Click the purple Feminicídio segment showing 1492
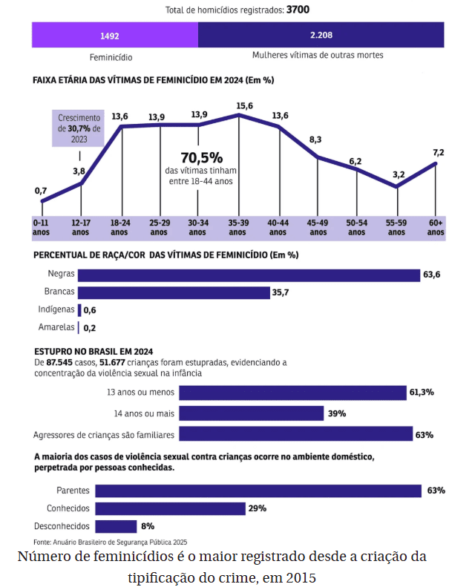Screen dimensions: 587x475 pos(114,35)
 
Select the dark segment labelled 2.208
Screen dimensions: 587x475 pos(321,35)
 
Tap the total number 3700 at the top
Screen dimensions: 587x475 pos(298,10)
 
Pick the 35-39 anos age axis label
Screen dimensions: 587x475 pos(237,227)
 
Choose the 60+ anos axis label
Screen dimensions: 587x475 pos(436,227)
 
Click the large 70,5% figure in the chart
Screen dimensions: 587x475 pos(201,158)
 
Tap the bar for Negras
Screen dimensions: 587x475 pos(249,275)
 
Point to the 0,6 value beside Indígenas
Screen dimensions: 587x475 pos(90,310)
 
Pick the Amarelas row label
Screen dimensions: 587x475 pos(56,327)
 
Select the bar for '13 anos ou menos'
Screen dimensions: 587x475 pos(292,393)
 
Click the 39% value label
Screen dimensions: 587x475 pos(337,413)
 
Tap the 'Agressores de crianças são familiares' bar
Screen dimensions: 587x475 pos(295,434)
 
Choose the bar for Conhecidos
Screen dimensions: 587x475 pos(170,508)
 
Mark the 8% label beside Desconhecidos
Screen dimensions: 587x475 pos(148,526)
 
